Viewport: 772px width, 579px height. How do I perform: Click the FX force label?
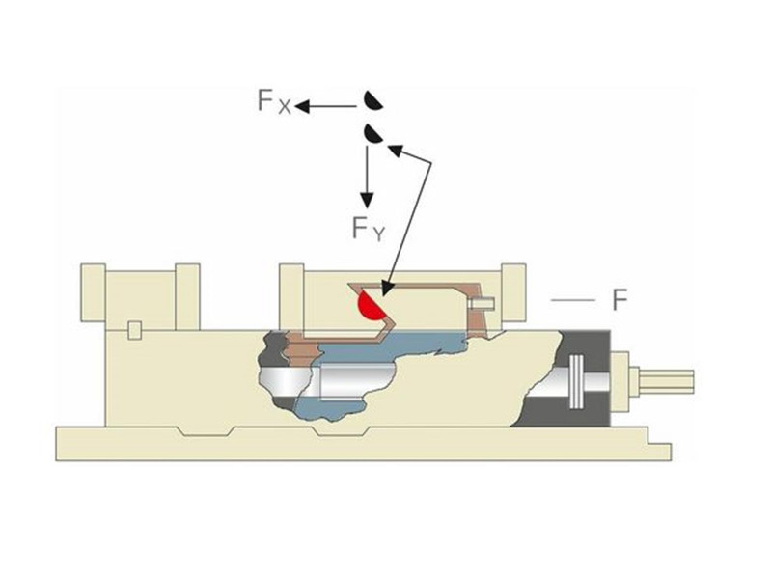(x=274, y=101)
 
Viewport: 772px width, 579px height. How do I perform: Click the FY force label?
(x=369, y=229)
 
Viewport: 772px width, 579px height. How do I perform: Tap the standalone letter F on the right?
(x=620, y=300)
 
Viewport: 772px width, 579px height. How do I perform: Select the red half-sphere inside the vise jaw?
(x=371, y=306)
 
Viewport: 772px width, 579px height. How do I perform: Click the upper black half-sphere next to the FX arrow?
(x=372, y=101)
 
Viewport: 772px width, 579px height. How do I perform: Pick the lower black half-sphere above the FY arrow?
(x=372, y=134)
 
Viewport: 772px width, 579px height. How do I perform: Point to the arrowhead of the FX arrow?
(x=302, y=106)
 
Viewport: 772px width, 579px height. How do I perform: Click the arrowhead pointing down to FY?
(x=367, y=200)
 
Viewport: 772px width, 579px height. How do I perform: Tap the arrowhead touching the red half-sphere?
(x=386, y=289)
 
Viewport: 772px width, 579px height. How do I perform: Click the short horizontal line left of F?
(x=572, y=300)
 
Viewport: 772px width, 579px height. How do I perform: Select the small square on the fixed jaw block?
(x=135, y=330)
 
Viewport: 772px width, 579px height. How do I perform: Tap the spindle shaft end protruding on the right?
(x=666, y=380)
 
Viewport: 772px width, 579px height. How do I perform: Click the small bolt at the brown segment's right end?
(x=481, y=304)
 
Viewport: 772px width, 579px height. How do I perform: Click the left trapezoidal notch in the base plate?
(x=207, y=431)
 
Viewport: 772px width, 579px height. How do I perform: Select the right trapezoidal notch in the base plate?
(x=342, y=431)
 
